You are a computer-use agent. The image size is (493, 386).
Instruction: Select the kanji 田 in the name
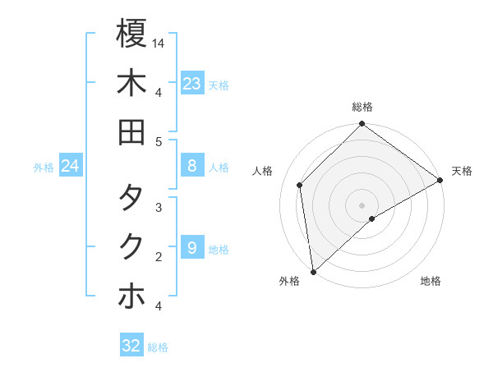point(131,132)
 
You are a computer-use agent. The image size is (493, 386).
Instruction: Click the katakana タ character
point(131,197)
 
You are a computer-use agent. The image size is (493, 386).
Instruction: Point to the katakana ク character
point(131,246)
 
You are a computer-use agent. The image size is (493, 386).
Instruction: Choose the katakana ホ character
point(131,296)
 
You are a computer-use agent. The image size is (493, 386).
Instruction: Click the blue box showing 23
point(192,84)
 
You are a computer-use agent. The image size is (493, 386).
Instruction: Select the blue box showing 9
point(192,248)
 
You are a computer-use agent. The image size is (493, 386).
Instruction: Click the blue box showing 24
point(71,167)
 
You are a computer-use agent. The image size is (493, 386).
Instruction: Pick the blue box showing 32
point(131,346)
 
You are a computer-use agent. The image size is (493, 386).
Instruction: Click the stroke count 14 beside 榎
point(159,42)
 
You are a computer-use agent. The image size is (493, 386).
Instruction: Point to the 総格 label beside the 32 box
point(158,347)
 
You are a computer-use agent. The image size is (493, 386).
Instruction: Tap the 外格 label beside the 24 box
point(44,168)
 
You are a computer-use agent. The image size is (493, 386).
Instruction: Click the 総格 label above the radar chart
point(362,107)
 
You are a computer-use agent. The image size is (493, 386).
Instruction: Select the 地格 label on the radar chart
point(431,282)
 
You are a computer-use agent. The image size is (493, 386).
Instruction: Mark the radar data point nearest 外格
point(314,271)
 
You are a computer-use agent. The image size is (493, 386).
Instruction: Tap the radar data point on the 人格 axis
point(300,185)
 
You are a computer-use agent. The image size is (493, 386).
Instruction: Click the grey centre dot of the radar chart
point(362,204)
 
